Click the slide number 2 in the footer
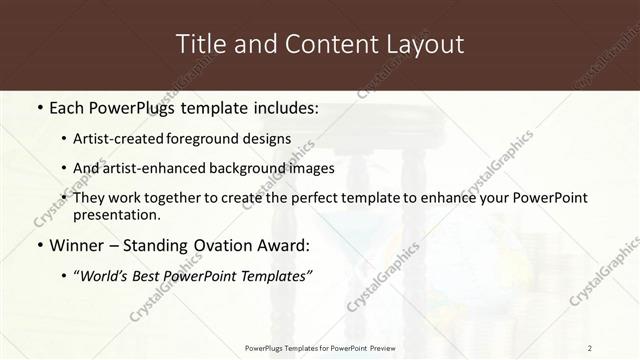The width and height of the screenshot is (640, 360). point(590,347)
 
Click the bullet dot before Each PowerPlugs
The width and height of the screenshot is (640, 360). point(39,107)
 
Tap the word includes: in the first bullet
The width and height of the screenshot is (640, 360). point(282,107)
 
